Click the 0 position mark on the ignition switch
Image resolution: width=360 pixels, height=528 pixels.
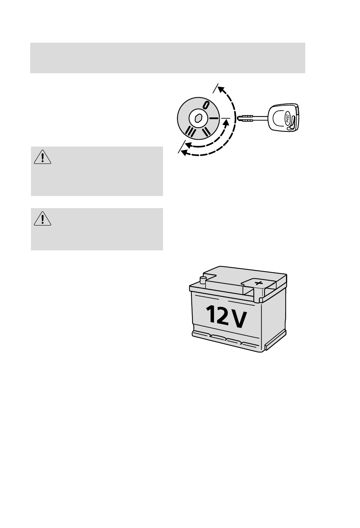point(206,105)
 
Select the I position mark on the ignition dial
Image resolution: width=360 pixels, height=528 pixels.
point(214,118)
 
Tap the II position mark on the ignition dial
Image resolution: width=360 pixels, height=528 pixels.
point(206,131)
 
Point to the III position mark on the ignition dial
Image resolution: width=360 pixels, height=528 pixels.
point(191,131)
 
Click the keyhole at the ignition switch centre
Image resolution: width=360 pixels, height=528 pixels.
point(198,118)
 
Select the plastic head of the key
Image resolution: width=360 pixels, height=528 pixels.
point(283,117)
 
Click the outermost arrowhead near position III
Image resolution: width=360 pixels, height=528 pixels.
point(184,153)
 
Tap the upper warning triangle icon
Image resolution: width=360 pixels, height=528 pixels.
point(42,157)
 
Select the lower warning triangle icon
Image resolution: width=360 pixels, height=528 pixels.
point(42,219)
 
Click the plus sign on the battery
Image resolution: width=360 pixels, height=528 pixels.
point(259,283)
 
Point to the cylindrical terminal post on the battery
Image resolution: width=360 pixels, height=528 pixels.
point(203,280)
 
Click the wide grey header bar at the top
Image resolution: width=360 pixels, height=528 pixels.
point(168,58)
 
